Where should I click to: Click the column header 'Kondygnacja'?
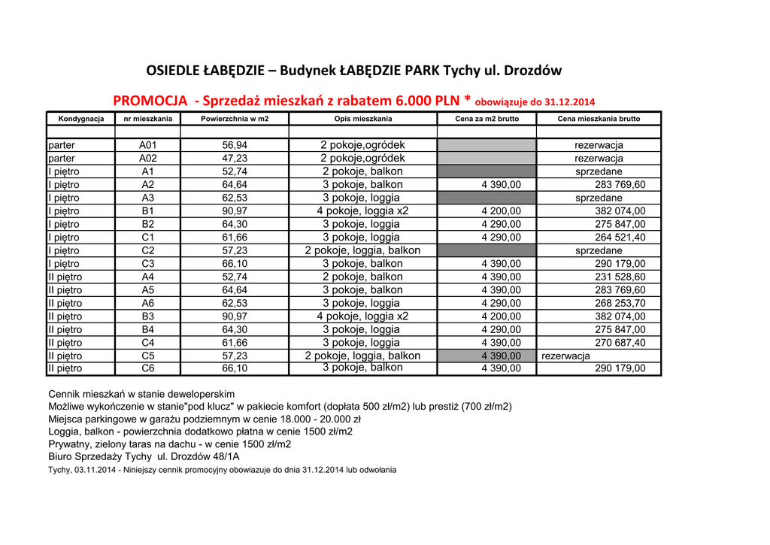point(76,119)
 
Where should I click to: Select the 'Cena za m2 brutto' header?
point(487,119)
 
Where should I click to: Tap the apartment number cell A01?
point(148,145)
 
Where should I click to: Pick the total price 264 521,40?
point(620,238)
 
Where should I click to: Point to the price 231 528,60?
point(620,277)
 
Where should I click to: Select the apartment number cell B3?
point(148,316)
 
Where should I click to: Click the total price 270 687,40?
point(620,343)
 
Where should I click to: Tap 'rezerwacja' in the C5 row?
point(565,356)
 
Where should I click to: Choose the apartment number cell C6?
point(148,368)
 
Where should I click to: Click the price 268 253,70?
point(620,303)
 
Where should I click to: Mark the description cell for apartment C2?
point(362,250)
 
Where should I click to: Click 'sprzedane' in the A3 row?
point(599,198)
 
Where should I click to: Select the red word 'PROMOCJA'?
point(150,101)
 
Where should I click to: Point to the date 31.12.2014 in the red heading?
point(564,102)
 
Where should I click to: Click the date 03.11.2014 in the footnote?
point(95,470)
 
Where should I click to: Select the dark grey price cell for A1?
point(487,171)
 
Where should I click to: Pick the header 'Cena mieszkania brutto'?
point(599,119)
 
